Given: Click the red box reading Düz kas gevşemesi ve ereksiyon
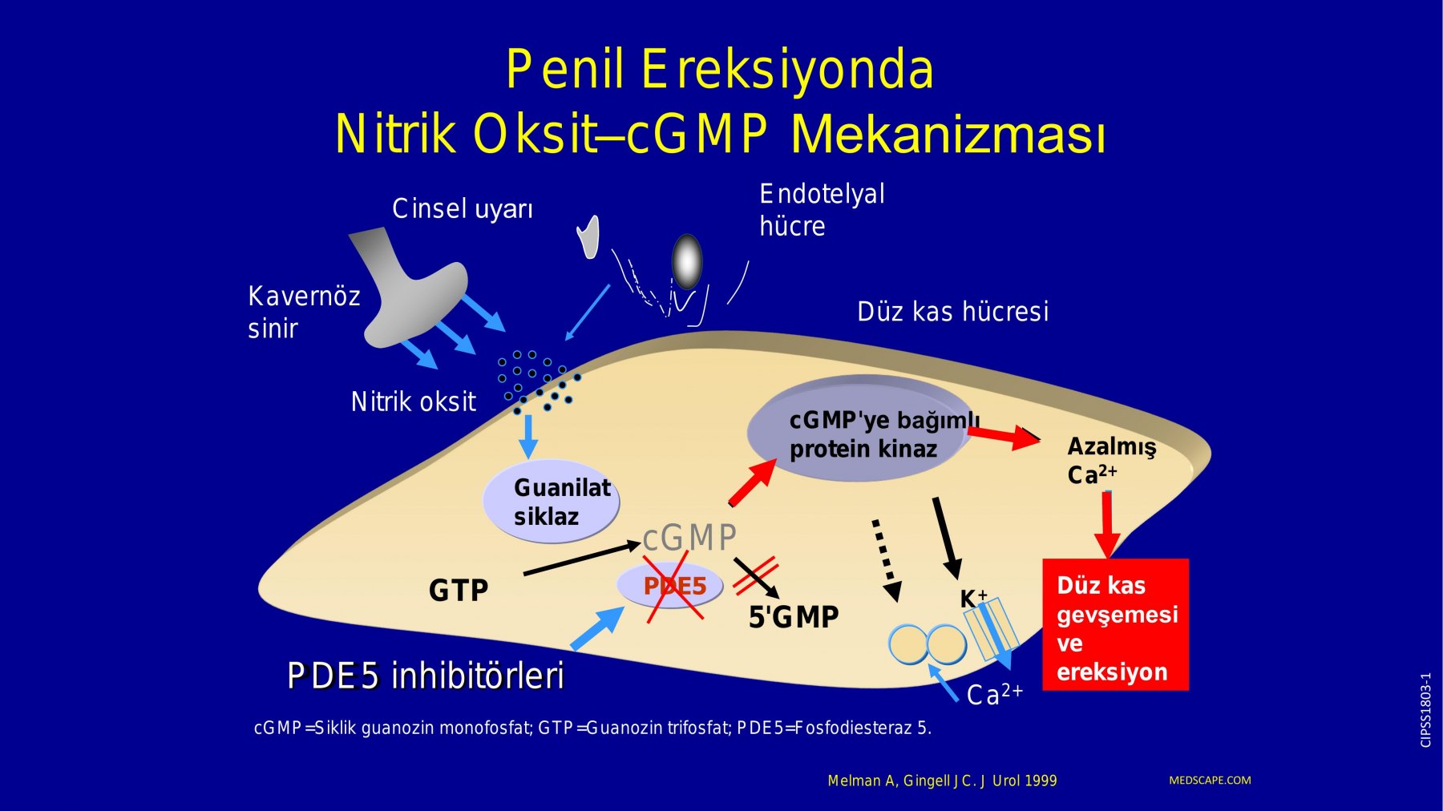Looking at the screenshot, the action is point(1115,624).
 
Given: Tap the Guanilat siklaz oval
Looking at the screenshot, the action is point(551,501).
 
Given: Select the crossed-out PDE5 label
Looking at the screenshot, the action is point(674,586).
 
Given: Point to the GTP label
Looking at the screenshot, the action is point(459,591).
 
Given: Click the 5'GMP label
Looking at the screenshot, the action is point(794,617).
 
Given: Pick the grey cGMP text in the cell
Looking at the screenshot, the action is point(689,537).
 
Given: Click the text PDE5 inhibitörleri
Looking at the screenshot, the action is point(426,676).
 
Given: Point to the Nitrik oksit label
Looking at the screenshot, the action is point(414,401).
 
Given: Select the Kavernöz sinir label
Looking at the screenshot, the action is point(304,313).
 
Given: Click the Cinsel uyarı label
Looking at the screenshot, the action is point(463,209).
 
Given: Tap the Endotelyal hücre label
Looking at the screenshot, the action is point(822,210).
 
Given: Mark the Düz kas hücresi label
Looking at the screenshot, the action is point(953,312).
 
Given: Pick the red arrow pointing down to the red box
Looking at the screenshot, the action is point(1107,525).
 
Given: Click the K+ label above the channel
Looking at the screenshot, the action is point(973,599).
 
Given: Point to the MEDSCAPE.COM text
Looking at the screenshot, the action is point(1210,781).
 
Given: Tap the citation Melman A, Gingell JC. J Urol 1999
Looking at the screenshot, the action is point(942,781).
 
